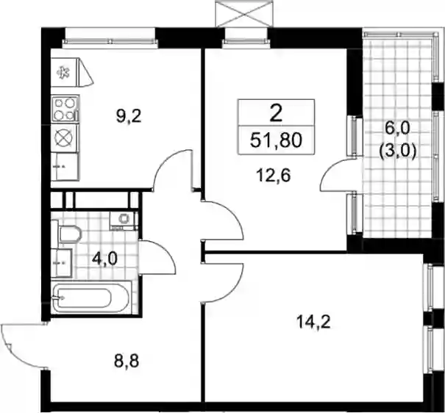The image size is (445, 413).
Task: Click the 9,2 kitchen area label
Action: pos(129,116)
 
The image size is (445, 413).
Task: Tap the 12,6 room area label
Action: pos(273,176)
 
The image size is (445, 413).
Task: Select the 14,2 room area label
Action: pos(313,323)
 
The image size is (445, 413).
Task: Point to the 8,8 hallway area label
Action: pos(127,362)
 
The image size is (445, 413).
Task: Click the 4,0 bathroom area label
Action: pos(104,259)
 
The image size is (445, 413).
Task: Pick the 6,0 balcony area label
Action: pos(398,129)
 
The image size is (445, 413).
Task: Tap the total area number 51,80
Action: pos(276,140)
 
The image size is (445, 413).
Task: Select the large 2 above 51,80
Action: pos(276,114)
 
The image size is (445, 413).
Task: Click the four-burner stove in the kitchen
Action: pos(65,109)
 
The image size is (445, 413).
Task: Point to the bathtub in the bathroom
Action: pos(91,298)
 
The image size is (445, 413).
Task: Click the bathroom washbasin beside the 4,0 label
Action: pos(62,263)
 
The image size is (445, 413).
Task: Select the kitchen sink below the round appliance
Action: pos(65,166)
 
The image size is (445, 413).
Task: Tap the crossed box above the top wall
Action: pos(241,15)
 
